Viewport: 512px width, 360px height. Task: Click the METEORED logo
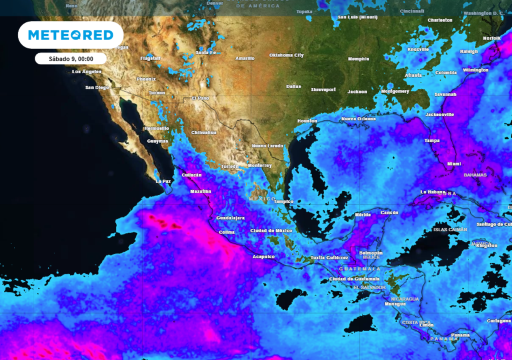point(70,35)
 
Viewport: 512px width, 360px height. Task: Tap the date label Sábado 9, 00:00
point(70,58)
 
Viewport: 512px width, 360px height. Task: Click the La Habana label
point(431,192)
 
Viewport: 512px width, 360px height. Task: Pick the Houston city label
point(307,121)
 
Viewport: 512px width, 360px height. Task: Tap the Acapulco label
point(263,256)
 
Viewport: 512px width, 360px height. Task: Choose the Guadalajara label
point(230,218)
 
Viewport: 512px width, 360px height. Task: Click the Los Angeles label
point(86,71)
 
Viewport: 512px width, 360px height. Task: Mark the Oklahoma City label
point(286,55)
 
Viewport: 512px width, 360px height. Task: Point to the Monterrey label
point(259,165)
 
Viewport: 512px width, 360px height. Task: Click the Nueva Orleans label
point(358,118)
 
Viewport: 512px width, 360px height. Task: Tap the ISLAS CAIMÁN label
point(450,229)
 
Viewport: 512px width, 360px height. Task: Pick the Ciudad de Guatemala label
point(354,278)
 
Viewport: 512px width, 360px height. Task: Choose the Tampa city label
point(432,140)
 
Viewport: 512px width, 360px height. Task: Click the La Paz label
point(163,181)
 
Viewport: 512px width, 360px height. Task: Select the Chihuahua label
point(204,132)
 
